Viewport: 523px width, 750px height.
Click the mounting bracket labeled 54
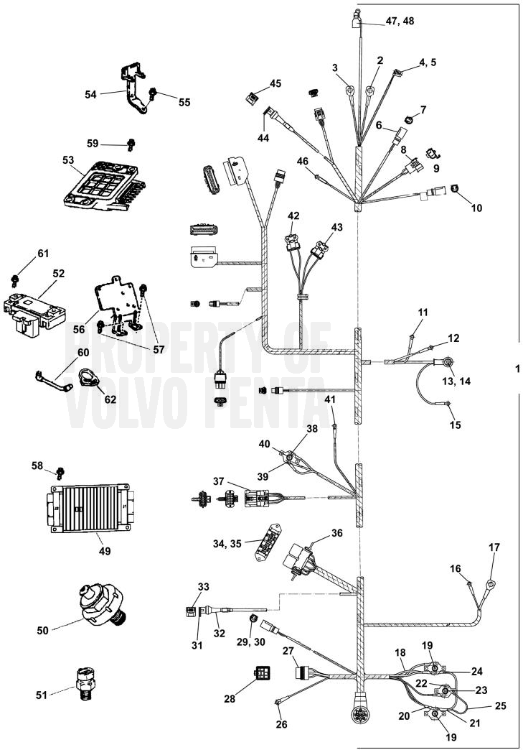coord(132,90)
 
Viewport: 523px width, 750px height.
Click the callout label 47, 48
coord(400,22)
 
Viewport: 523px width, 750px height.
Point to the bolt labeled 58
coord(60,471)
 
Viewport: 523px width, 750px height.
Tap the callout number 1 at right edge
coord(516,368)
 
